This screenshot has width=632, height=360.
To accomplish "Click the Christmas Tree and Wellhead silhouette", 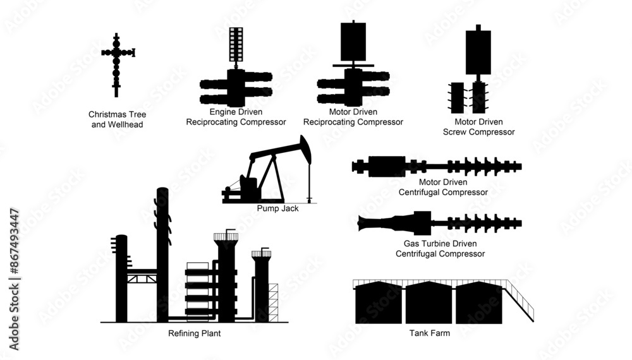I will click(116, 64).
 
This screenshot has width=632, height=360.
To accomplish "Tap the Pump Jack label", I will click(277, 208).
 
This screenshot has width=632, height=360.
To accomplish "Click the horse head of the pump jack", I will click(306, 148).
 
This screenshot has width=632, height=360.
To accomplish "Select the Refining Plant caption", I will click(194, 333).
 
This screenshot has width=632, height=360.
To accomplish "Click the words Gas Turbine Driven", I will click(440, 243).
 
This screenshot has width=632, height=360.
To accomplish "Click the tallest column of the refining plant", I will click(162, 253).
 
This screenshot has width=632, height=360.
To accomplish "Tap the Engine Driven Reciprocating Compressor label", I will click(236, 117).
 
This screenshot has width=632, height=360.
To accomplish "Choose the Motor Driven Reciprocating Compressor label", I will click(353, 117).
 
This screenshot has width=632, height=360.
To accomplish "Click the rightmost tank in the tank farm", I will click(478, 304).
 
